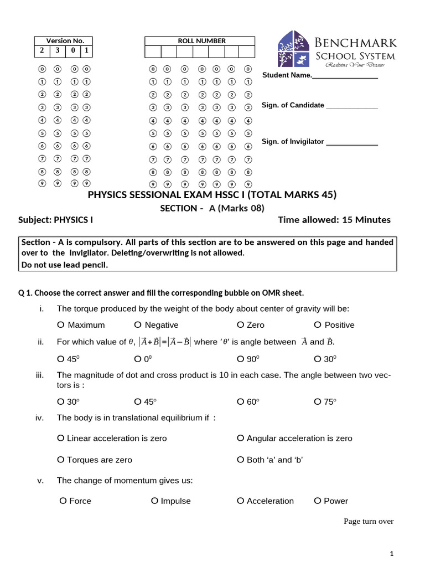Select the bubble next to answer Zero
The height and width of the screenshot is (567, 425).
pos(241,325)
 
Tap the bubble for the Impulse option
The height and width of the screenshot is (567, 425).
pos(155,501)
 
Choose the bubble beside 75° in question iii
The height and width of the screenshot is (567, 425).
pos(318,402)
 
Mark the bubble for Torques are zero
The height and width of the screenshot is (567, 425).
pos(61,460)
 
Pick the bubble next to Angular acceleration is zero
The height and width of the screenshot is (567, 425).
pos(241,438)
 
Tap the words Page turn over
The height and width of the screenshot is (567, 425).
pos(368,521)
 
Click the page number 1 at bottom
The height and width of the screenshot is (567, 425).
pos(391,554)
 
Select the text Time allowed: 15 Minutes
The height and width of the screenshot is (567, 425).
pos(334,220)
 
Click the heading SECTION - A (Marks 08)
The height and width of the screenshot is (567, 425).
pos(212,208)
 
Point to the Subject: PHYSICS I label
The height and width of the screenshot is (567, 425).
pos(56,220)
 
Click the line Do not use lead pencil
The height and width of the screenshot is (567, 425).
pos(64,264)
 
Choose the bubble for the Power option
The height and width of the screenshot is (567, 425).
pos(318,501)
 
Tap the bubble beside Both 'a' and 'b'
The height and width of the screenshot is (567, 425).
pos(241,460)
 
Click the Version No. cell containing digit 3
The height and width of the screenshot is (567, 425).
pos(57,51)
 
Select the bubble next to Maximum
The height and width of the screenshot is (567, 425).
pos(61,325)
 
